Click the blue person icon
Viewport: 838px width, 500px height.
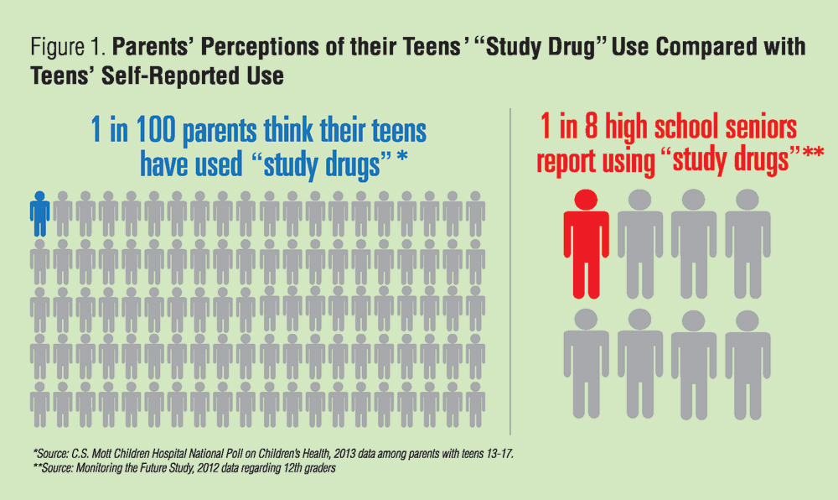coord(39,214)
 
